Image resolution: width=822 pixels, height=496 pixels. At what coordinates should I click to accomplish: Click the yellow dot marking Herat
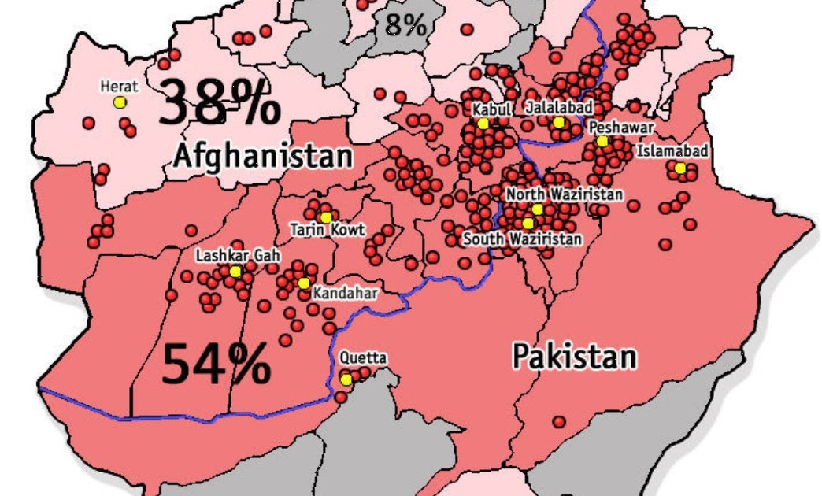pos(120,102)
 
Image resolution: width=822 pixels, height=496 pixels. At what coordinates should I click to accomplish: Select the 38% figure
pos(219,104)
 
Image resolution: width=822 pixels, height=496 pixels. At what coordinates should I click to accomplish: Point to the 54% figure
pos(217,363)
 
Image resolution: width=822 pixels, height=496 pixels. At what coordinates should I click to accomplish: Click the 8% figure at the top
pos(405,25)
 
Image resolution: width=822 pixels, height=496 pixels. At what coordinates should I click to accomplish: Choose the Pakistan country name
pos(574,356)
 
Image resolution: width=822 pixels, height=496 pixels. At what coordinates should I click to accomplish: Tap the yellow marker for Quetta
pos(346,379)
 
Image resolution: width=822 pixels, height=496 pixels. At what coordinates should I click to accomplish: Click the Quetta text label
pos(363,358)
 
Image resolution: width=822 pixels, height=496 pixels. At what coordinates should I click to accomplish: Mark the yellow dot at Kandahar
pos(304,283)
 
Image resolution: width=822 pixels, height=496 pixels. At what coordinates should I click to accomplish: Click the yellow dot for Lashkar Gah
pos(235,272)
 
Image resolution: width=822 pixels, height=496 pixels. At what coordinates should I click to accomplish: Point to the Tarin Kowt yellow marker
pos(325,217)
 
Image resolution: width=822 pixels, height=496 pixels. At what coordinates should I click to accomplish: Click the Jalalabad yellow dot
pos(558,123)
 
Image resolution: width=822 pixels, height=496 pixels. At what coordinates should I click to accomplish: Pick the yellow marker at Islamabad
pos(679,168)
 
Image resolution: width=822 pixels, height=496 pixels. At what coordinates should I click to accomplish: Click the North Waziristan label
pos(564,194)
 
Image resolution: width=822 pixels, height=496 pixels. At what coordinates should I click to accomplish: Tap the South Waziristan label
pos(522,238)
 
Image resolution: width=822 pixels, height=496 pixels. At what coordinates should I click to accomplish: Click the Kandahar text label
pos(345,293)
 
